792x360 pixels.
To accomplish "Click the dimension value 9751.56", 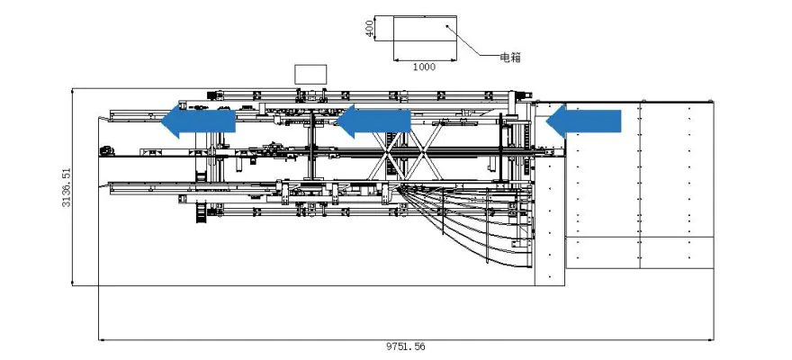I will pos(405,346).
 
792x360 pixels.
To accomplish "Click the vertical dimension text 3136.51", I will pos(66,187).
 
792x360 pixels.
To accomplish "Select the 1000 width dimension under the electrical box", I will pos(424,67).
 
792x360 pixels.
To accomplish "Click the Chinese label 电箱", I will pos(510,58).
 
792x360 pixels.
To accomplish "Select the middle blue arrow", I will pos(372,120).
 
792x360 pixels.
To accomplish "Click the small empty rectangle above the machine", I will pos(310,74).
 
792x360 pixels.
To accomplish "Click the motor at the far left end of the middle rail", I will pos(106,150).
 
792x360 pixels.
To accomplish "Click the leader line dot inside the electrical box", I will pos(447,27).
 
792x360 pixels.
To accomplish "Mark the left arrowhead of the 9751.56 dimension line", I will pos(101,339).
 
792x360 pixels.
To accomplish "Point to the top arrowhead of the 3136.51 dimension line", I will pos(72,90).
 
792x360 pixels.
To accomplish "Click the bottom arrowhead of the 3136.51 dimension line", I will pos(72,283).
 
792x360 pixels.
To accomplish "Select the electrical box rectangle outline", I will pos(423,16).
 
